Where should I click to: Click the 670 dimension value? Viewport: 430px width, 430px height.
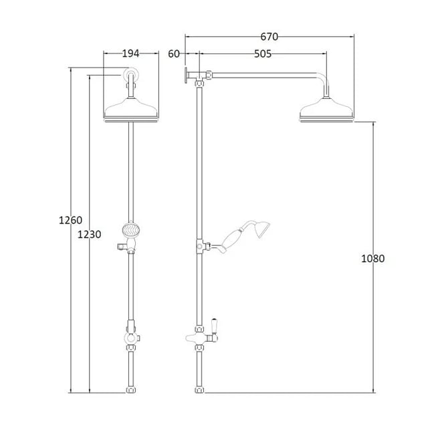coord(269,37)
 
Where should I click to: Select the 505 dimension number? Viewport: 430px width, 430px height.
coord(262,53)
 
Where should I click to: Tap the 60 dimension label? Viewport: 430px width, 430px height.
coord(174,53)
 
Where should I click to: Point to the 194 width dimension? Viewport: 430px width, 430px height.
coord(130,53)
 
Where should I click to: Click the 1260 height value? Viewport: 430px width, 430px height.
coord(70,220)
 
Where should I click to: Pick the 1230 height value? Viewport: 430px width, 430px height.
coord(90,235)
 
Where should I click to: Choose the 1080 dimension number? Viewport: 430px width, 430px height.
coord(372,259)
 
